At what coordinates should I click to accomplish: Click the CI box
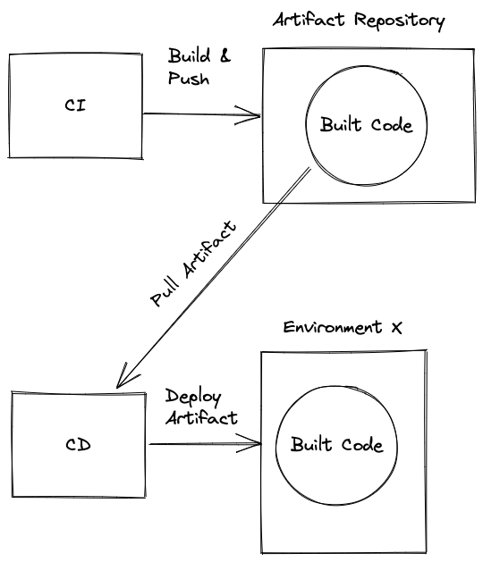[x=76, y=105]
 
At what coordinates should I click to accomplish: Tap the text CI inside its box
[x=76, y=105]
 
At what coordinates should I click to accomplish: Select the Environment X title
[x=343, y=328]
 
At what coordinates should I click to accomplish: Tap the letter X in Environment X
[x=397, y=327]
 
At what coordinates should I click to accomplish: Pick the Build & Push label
[x=199, y=67]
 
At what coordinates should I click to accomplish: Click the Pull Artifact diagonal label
[x=194, y=265]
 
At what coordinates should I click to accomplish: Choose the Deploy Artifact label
[x=201, y=407]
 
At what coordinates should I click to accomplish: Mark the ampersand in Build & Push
[x=225, y=56]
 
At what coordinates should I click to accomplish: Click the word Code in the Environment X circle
[x=360, y=445]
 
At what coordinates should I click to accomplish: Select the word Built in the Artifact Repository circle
[x=338, y=125]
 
